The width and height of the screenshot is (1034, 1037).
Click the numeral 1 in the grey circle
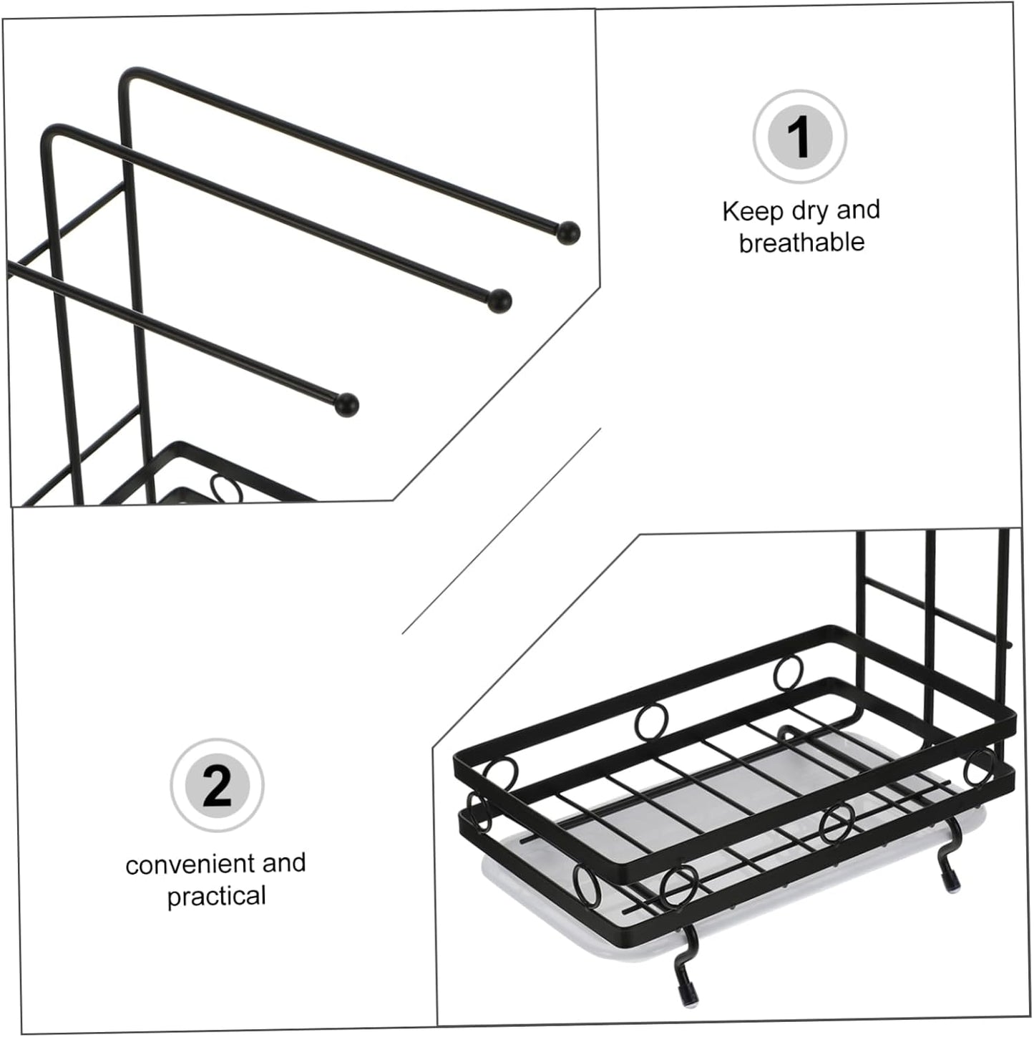[x=799, y=137]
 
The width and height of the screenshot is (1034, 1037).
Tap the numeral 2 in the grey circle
[x=218, y=786]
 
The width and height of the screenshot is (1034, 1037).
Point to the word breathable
[x=801, y=242]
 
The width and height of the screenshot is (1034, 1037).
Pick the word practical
[x=216, y=897]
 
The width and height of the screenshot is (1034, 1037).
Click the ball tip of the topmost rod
[x=568, y=233]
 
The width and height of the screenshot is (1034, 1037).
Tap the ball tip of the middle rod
[x=499, y=301]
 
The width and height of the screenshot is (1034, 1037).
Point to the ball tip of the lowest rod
[x=346, y=404]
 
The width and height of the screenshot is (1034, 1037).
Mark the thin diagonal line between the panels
[x=501, y=530]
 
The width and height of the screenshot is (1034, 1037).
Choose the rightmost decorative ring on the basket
[x=978, y=766]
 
